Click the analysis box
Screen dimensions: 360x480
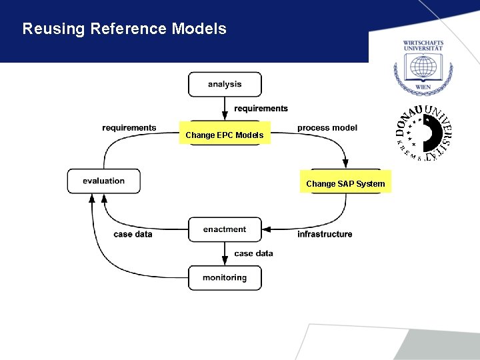(225, 85)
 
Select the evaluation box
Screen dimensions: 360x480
(104, 181)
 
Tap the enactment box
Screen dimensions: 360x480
(225, 229)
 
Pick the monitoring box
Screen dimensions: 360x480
(225, 278)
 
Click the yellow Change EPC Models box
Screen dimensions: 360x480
(225, 135)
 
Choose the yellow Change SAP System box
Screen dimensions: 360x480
(345, 183)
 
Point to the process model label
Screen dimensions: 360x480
(327, 128)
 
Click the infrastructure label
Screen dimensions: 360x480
(325, 234)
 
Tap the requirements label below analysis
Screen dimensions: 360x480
(261, 109)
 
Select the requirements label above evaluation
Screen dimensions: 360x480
(129, 128)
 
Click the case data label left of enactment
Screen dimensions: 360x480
(133, 234)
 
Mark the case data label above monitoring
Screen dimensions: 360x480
(253, 253)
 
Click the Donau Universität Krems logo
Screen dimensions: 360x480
(423, 133)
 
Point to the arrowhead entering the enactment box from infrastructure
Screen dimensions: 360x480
(266, 229)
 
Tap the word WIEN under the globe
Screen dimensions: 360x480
(423, 87)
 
